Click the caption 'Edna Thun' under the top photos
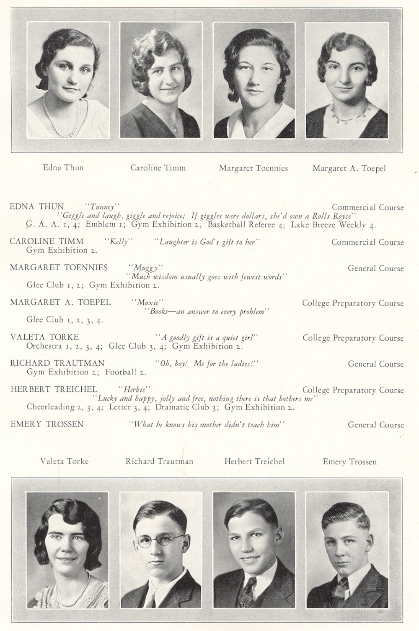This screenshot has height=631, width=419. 63,168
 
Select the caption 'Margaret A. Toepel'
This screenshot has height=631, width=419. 349,168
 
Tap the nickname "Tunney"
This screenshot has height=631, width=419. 102,206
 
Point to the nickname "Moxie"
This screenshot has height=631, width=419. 147,302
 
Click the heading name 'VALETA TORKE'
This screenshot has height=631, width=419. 44,337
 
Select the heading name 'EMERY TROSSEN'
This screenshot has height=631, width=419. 47,424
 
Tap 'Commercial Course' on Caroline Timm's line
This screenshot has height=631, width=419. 367,242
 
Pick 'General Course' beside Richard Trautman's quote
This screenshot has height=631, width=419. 375,364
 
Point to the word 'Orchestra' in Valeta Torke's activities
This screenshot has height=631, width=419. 44,346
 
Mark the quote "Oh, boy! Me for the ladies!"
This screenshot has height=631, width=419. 207,364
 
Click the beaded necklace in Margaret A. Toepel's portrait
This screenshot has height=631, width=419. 348,115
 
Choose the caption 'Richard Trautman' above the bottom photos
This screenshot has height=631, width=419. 159,461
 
